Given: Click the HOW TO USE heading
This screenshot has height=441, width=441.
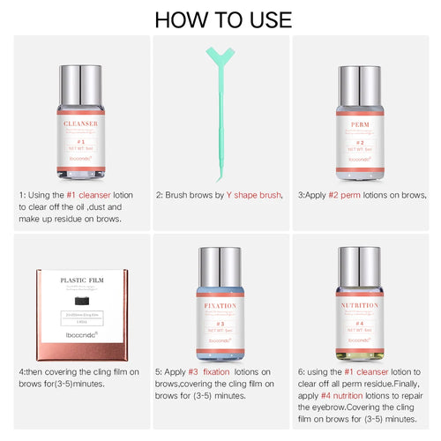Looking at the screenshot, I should (220, 19).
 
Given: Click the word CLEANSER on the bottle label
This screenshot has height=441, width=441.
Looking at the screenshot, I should (79, 125).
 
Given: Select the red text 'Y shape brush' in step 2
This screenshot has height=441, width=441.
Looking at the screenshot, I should (255, 195).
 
